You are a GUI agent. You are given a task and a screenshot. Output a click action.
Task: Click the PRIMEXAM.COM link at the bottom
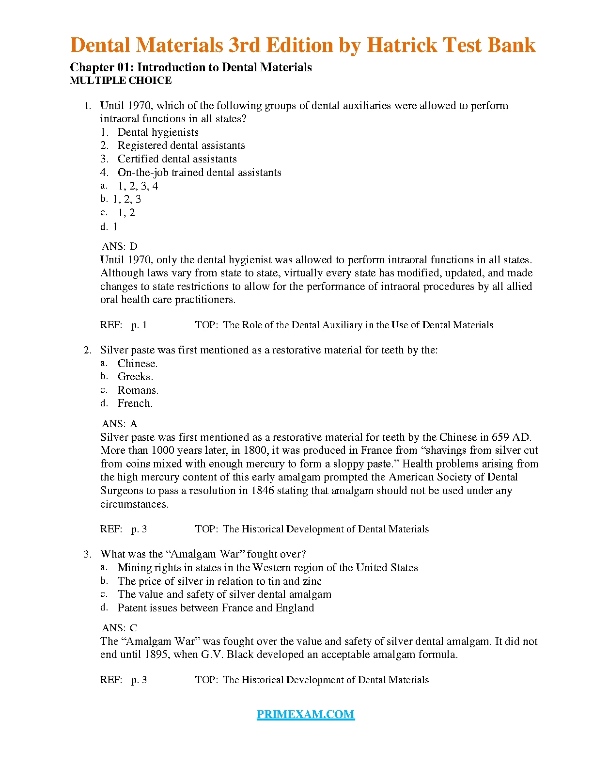pos(305,714)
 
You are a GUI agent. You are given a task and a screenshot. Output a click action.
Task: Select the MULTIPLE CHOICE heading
pos(121,80)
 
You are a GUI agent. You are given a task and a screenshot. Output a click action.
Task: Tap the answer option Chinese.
pos(137,363)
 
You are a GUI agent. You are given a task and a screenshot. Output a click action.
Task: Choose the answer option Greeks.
pos(135,377)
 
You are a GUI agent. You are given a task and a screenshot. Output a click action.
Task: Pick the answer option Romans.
pos(138,390)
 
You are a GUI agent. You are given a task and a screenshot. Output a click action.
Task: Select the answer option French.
pos(135,403)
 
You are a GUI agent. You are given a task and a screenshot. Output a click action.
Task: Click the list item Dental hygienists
pos(157,132)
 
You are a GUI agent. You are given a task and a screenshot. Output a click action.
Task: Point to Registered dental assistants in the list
pos(181,145)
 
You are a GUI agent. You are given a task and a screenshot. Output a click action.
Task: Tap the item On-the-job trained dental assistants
pos(199,173)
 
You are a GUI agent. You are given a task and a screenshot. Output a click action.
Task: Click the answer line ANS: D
pos(120,246)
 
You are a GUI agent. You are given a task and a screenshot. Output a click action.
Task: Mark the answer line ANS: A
pos(120,424)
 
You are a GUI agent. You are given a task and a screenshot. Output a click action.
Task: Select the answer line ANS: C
pos(120,628)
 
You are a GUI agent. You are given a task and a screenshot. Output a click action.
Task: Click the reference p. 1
pos(139,325)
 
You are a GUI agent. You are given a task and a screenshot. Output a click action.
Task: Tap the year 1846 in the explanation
pos(262,491)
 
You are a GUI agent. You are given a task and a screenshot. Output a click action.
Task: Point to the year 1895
pos(157,655)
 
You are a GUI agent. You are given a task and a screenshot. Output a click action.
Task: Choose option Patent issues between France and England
pos(216,608)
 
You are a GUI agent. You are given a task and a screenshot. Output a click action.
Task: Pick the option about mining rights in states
pos(267,568)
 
